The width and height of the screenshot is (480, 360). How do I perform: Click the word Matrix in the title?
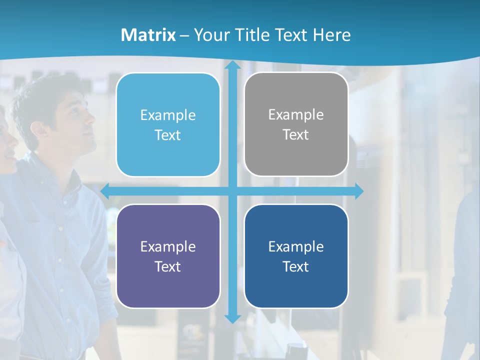148,35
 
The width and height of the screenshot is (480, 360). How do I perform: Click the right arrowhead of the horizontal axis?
358,191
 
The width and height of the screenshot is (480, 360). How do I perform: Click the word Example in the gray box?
296,114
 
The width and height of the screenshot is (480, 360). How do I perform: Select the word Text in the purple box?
167,266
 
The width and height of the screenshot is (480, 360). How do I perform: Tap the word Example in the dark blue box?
296,246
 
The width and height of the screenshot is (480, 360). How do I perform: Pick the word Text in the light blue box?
167,135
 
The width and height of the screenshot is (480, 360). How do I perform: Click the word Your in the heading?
209,35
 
